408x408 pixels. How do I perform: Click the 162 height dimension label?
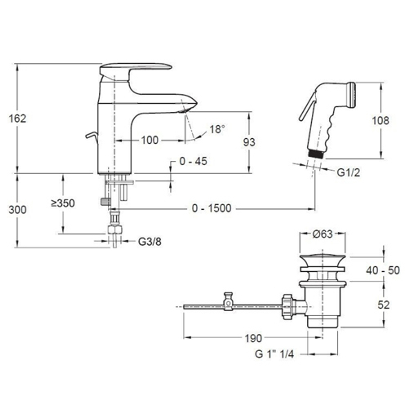click(x=18, y=119)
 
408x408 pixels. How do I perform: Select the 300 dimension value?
click(x=18, y=210)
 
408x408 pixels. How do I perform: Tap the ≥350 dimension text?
click(x=63, y=203)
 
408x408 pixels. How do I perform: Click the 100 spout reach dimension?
click(x=150, y=140)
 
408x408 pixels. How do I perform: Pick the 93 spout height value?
click(x=249, y=142)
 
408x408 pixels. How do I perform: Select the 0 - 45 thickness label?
click(x=193, y=161)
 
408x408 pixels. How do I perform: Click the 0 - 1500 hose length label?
click(x=211, y=208)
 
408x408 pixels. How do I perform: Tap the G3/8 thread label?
click(x=150, y=242)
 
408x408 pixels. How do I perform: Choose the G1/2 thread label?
click(x=348, y=173)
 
